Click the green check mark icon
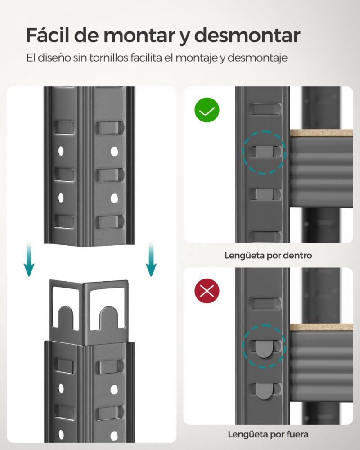(x=207, y=110)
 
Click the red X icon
(x=207, y=291)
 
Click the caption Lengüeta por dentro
(x=268, y=256)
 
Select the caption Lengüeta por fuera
(x=268, y=434)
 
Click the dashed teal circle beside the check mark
(x=264, y=152)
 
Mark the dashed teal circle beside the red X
(x=264, y=346)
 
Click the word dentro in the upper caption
(x=297, y=256)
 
